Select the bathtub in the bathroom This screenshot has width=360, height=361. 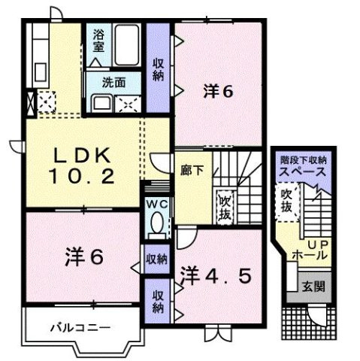click(127, 45)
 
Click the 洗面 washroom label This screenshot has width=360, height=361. click(113, 83)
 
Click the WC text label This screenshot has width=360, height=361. click(157, 205)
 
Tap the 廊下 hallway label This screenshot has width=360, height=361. click(192, 171)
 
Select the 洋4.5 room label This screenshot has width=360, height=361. click(216, 276)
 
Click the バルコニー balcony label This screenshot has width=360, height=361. click(80, 328)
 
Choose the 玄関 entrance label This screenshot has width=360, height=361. click(313, 287)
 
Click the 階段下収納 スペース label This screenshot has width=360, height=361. click(304, 166)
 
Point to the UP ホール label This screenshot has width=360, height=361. click(313, 250)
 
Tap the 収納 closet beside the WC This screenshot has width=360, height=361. click(157, 259)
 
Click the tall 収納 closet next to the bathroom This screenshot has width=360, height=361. click(158, 68)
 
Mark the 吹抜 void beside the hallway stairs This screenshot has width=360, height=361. click(224, 208)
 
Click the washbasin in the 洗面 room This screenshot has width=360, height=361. click(101, 104)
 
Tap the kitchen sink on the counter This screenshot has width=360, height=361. click(40, 72)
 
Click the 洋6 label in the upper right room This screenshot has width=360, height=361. click(218, 92)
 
